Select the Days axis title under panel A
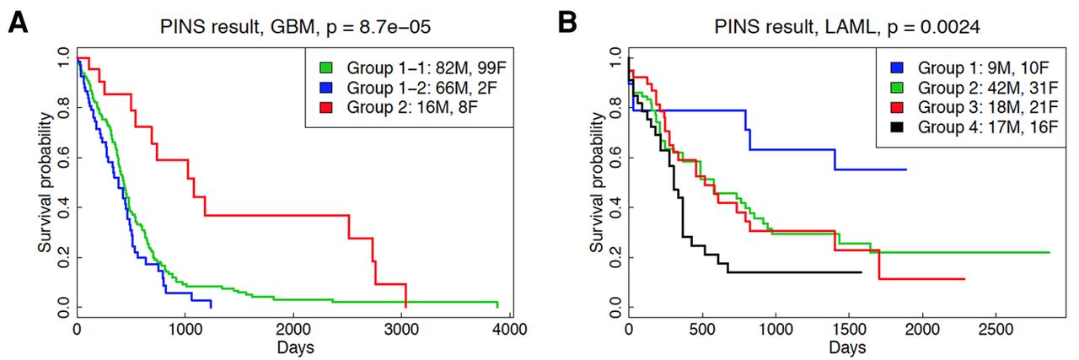pyautogui.click(x=293, y=347)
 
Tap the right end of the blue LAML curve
pyautogui.click(x=906, y=169)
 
